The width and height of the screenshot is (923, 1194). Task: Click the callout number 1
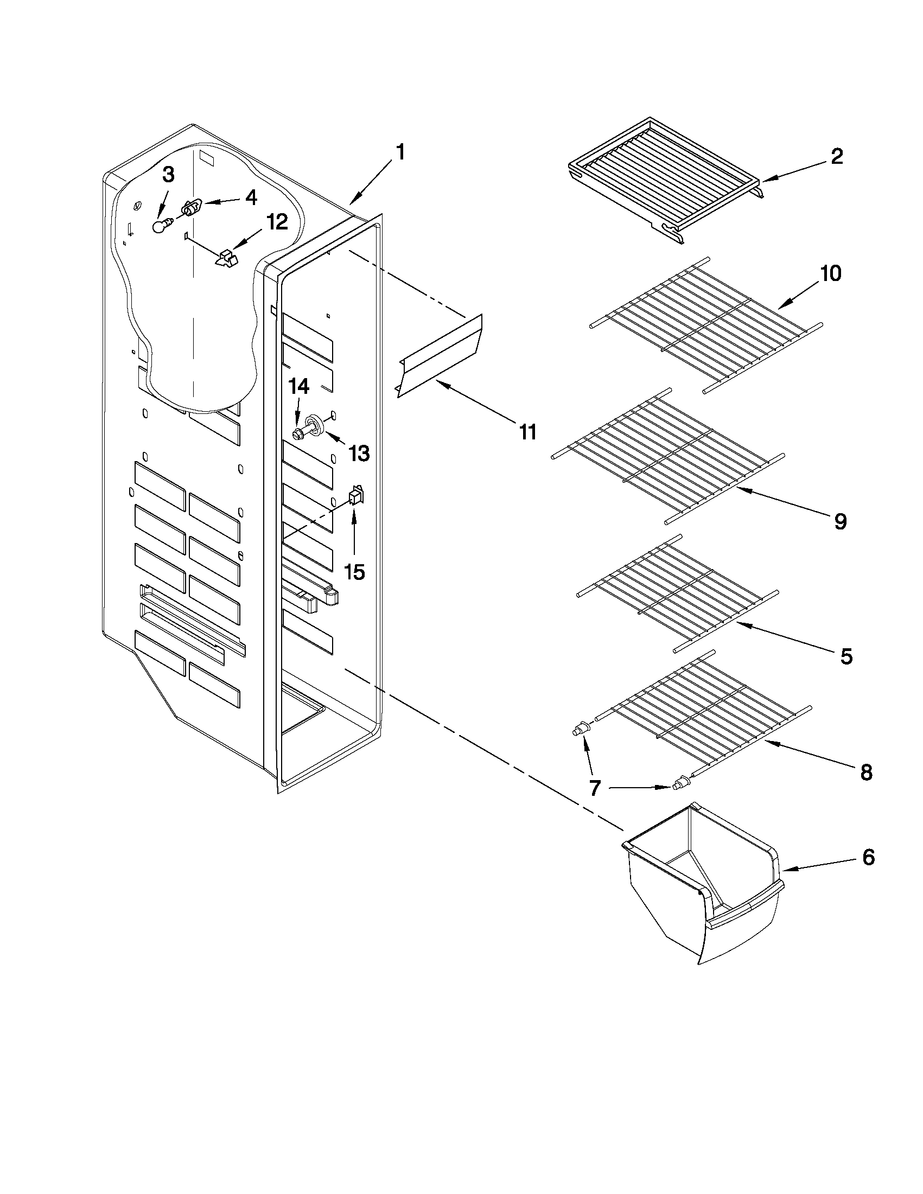tap(400, 152)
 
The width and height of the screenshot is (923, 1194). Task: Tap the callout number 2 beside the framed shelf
tap(837, 157)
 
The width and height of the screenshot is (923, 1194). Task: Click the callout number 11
tap(527, 432)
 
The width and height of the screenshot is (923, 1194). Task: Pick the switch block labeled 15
tap(355, 496)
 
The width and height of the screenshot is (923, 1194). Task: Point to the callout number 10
tap(831, 273)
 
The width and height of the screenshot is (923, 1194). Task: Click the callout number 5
tap(846, 656)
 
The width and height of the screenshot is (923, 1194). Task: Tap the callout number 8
tap(865, 772)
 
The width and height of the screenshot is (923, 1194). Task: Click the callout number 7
tap(595, 788)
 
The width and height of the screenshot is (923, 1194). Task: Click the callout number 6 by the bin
tap(868, 857)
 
